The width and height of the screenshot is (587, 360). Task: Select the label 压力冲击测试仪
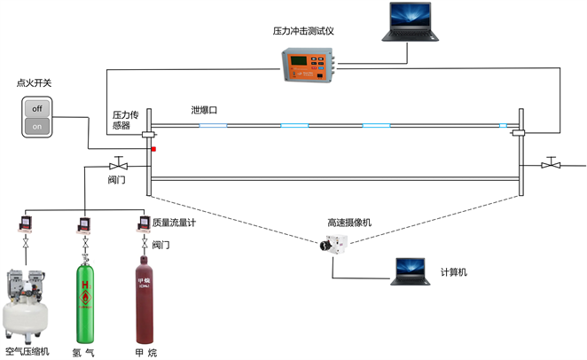pyautogui.click(x=309, y=31)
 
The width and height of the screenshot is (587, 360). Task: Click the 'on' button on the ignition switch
pyautogui.click(x=37, y=126)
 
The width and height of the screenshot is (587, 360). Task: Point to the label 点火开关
pyautogui.click(x=35, y=83)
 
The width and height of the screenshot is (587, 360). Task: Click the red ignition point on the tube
pyautogui.click(x=153, y=149)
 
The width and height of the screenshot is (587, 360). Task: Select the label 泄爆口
pyautogui.click(x=204, y=110)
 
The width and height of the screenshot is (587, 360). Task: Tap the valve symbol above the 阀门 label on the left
pyautogui.click(x=117, y=164)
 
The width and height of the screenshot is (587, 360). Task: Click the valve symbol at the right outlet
pyautogui.click(x=552, y=164)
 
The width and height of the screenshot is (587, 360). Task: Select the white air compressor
pyautogui.click(x=26, y=302)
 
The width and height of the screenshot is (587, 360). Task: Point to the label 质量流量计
pyautogui.click(x=174, y=223)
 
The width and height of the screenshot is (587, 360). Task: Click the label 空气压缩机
pyautogui.click(x=27, y=351)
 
